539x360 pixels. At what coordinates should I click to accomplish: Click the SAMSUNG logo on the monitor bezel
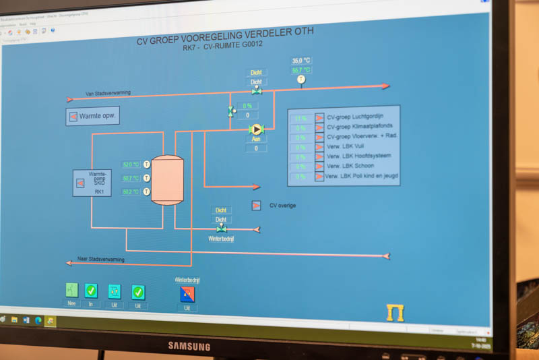189,346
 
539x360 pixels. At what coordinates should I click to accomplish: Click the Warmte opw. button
92,116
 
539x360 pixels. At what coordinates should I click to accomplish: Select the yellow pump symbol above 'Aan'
256,129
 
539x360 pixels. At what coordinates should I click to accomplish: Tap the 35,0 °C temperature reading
301,61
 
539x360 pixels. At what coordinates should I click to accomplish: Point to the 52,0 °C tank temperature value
131,164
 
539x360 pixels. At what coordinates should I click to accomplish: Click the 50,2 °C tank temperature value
131,192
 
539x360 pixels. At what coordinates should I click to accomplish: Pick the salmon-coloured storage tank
167,180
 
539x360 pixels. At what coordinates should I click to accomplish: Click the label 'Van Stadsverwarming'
108,93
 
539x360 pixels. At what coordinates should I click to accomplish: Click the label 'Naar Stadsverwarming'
101,259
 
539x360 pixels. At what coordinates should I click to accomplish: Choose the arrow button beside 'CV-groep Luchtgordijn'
319,118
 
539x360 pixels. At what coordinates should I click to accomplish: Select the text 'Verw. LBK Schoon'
350,166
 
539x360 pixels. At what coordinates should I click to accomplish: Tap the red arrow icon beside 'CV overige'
256,205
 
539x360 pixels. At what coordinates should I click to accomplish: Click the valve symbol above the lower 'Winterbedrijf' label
221,229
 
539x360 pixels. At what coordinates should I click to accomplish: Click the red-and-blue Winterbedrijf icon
187,294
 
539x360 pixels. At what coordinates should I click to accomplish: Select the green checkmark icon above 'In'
91,291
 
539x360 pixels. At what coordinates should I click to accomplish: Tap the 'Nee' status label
71,304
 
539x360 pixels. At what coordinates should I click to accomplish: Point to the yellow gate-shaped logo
395,312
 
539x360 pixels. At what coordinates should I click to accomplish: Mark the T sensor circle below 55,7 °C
301,79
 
